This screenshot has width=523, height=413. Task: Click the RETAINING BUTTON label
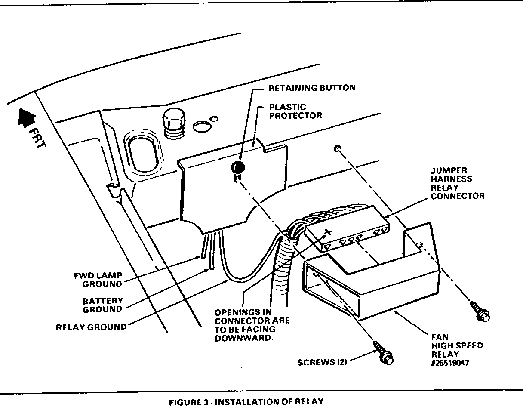pyautogui.click(x=312, y=88)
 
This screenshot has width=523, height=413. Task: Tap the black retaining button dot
pyautogui.click(x=238, y=167)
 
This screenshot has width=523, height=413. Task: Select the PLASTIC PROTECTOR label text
pyautogui.click(x=295, y=111)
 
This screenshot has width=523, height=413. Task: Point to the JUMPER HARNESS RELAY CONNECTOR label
pyautogui.click(x=457, y=183)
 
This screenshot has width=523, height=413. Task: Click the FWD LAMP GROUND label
pyautogui.click(x=98, y=280)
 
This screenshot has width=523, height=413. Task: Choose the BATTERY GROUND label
pyautogui.click(x=102, y=305)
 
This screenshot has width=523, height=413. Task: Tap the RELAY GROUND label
pyautogui.click(x=92, y=327)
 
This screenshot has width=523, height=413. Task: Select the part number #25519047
pyautogui.click(x=450, y=363)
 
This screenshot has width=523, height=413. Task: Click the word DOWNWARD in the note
pyautogui.click(x=244, y=338)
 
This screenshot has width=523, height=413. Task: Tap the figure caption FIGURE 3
pyautogui.click(x=246, y=402)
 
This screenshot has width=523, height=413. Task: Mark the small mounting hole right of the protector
pyautogui.click(x=338, y=148)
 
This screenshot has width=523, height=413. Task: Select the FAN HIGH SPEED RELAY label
pyautogui.click(x=457, y=345)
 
